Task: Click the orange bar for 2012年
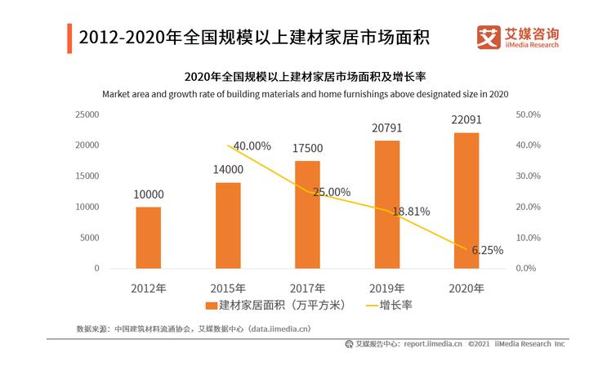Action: tap(148, 237)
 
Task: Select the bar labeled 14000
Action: tap(228, 225)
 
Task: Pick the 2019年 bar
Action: tap(386, 204)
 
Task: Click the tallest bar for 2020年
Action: tap(466, 200)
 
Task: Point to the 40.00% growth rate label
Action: tap(252, 146)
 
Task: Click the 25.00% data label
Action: tap(331, 192)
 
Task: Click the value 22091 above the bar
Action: tap(466, 119)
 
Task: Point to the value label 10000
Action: tap(148, 194)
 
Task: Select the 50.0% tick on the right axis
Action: tap(529, 114)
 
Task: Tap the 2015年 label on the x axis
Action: tap(228, 288)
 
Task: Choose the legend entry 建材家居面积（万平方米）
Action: tap(278, 306)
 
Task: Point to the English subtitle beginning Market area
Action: tap(306, 94)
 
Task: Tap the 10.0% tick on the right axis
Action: tap(529, 238)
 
